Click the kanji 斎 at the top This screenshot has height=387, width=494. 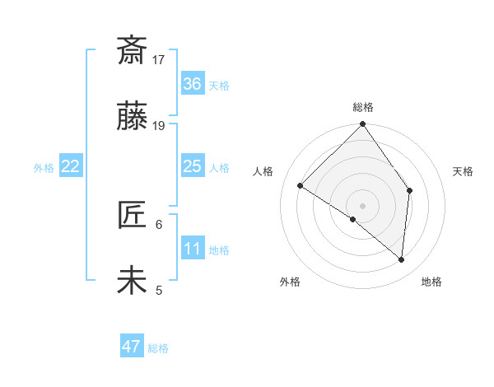(x=132, y=51)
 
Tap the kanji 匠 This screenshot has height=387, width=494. (x=132, y=215)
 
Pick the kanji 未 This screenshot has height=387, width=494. (x=132, y=281)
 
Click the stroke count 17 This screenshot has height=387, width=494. (x=159, y=59)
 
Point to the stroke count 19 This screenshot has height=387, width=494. (x=159, y=126)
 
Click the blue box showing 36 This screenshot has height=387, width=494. (x=193, y=83)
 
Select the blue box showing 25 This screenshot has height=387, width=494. (x=193, y=166)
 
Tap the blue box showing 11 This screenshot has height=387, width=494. (x=193, y=248)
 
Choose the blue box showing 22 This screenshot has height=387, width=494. (x=71, y=166)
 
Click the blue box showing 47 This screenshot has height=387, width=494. (x=132, y=347)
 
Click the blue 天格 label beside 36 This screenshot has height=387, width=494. (x=219, y=86)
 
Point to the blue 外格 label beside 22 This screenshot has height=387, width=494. (x=44, y=168)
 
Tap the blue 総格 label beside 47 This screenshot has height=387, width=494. (x=158, y=348)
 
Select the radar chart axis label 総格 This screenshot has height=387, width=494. (x=362, y=107)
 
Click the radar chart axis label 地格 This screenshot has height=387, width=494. (x=431, y=282)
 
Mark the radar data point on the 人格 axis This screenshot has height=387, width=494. (x=301, y=186)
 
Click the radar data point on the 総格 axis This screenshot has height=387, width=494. (x=362, y=125)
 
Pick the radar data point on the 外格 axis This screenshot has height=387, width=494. (x=353, y=220)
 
